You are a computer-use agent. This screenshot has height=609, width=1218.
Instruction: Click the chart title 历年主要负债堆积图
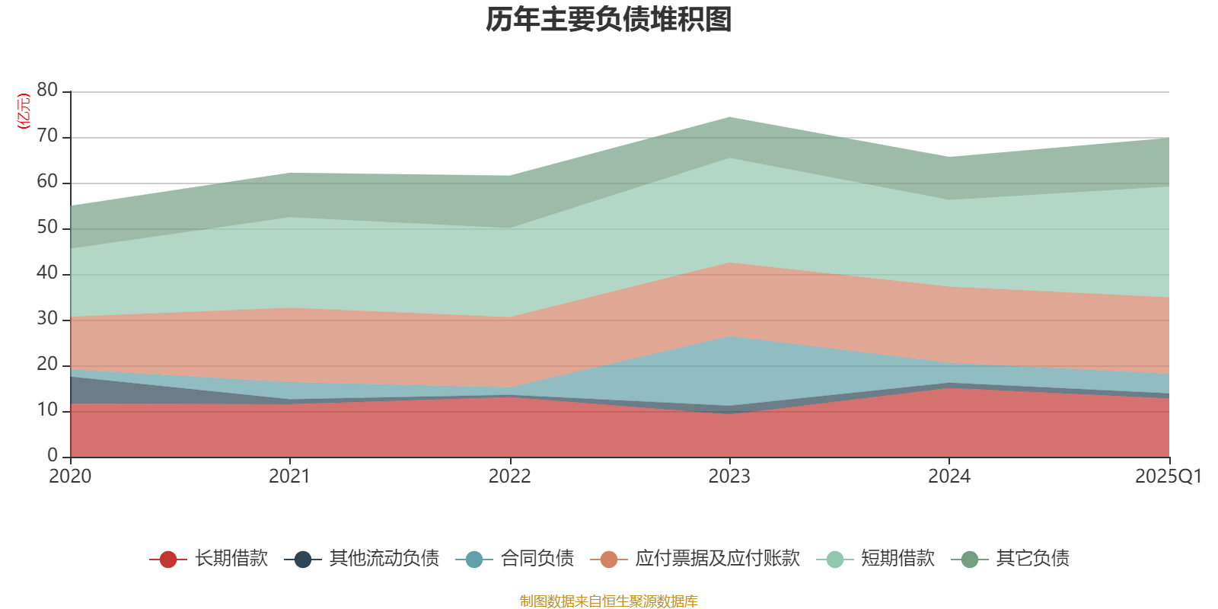609,20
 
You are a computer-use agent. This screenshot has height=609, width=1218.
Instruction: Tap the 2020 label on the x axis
70,477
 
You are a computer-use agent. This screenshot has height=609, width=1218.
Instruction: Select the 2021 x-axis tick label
289,477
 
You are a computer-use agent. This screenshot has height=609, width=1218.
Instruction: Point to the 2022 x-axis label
509,477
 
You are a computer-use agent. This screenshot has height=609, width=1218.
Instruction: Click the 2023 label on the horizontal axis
729,477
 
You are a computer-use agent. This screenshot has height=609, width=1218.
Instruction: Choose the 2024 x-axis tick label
949,477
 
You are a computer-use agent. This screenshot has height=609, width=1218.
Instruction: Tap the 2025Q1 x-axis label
1168,477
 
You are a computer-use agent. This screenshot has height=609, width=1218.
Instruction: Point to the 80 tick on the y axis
47,90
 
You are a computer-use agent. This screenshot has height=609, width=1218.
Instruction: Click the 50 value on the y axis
47,228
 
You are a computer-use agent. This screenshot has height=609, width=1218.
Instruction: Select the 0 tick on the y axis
53,455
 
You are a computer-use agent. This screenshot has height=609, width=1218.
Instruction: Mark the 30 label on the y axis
47,319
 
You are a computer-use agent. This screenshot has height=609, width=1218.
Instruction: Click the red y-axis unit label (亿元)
24,111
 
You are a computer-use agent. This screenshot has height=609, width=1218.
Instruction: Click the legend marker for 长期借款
168,560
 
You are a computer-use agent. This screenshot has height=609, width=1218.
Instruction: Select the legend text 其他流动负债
384,559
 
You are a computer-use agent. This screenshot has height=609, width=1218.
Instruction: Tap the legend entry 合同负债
537,559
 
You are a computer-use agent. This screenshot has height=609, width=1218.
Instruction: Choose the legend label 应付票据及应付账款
717,559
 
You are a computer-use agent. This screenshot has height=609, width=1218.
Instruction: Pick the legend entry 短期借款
898,559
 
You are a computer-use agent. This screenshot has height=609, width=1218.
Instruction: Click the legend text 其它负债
1032,559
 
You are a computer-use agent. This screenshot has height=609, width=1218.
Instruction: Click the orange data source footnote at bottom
609,601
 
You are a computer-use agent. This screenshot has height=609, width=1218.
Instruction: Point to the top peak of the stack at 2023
729,117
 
